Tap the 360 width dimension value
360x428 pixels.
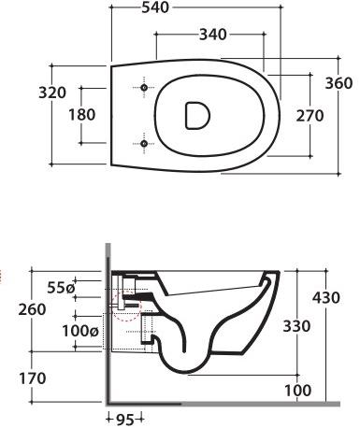click(338, 83)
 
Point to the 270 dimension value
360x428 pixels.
click(308, 116)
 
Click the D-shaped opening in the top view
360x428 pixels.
click(196, 115)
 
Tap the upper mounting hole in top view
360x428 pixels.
click(143, 88)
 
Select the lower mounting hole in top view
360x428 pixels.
click(143, 143)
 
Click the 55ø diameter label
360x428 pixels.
click(63, 289)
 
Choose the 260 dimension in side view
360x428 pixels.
click(14, 309)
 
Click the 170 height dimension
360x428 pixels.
click(15, 378)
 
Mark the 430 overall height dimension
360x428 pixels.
click(325, 297)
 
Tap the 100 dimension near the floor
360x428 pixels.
click(298, 389)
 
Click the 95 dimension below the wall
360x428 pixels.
click(125, 420)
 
